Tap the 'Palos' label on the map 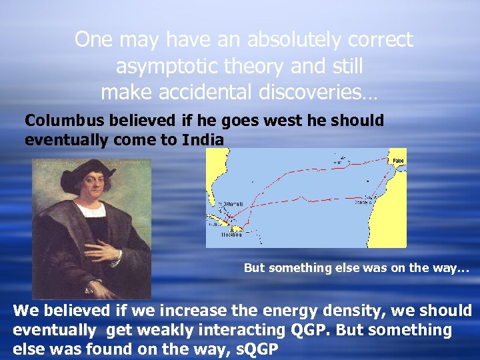tap(397, 161)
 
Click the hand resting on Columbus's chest tap(103, 250)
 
